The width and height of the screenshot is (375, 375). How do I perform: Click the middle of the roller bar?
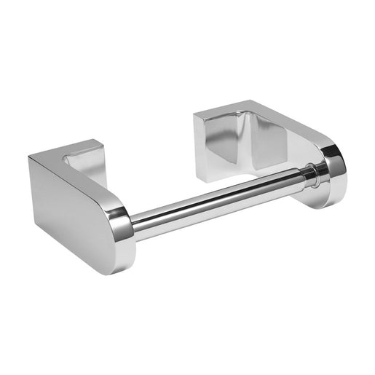click(218, 200)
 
